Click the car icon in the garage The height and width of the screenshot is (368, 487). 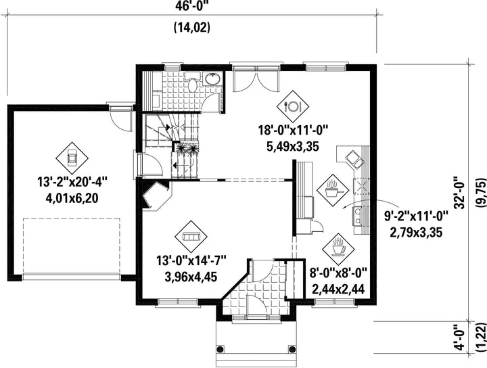pyautogui.click(x=72, y=159)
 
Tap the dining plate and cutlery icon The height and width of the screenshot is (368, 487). pyautogui.click(x=293, y=106)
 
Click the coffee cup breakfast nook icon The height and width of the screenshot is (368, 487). pyautogui.click(x=338, y=248)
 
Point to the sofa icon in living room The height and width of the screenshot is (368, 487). pyautogui.click(x=191, y=237)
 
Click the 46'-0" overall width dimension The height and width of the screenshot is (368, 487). pyautogui.click(x=191, y=5)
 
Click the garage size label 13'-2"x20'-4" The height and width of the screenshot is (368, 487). pyautogui.click(x=72, y=182)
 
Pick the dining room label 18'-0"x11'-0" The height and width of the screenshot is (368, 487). pyautogui.click(x=294, y=130)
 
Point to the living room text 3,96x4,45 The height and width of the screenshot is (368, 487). pyautogui.click(x=191, y=277)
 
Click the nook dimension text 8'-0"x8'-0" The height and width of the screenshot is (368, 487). pyautogui.click(x=339, y=273)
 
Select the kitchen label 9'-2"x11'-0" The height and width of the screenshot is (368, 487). pyautogui.click(x=417, y=216)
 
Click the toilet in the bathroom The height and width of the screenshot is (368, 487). pyautogui.click(x=192, y=82)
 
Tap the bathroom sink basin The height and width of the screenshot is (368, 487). pyautogui.click(x=212, y=78)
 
